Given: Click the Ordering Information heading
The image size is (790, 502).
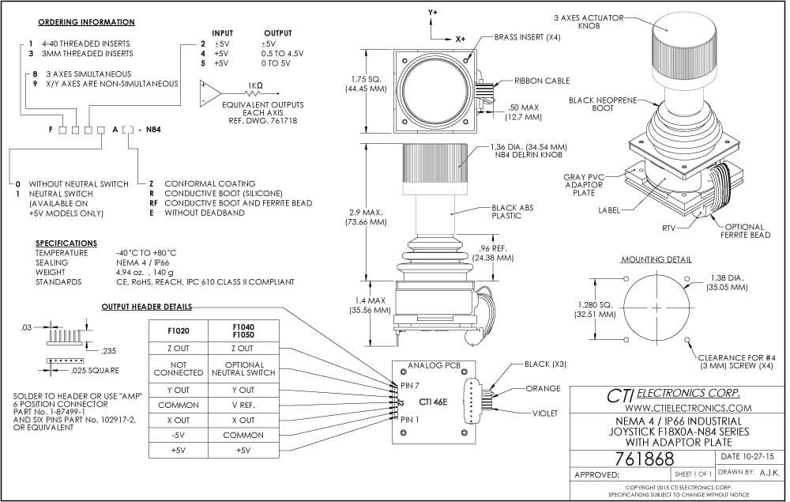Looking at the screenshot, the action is [x=86, y=22].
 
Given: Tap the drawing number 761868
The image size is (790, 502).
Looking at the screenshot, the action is [x=644, y=459].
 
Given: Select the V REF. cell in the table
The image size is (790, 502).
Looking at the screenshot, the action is [x=243, y=406].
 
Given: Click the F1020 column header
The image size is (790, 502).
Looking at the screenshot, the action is [x=179, y=331].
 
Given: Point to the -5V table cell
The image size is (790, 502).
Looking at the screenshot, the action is [x=179, y=435].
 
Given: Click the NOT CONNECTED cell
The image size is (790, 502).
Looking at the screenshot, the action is [x=179, y=368].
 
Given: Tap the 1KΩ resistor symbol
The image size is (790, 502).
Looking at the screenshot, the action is [x=254, y=92].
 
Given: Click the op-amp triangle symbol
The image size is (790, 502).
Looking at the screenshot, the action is [x=210, y=92].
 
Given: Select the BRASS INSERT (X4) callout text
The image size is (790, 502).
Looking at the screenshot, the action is [x=527, y=37].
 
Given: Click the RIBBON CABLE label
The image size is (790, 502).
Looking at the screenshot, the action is [x=542, y=81].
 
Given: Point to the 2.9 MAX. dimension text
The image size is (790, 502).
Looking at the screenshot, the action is [x=367, y=212].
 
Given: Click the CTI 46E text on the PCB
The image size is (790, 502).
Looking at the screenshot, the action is [x=433, y=402].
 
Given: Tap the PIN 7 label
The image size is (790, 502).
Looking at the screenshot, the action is [x=409, y=386].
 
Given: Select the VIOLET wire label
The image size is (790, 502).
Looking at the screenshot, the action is [x=545, y=413].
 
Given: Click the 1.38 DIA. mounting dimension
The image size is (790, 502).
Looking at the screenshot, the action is [x=727, y=277].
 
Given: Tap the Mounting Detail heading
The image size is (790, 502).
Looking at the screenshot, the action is [x=656, y=259].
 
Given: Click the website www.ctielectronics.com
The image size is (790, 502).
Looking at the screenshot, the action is [x=688, y=408].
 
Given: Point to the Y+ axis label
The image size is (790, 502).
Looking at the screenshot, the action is [x=433, y=12].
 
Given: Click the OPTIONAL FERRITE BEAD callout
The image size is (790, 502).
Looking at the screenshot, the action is [x=745, y=231].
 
